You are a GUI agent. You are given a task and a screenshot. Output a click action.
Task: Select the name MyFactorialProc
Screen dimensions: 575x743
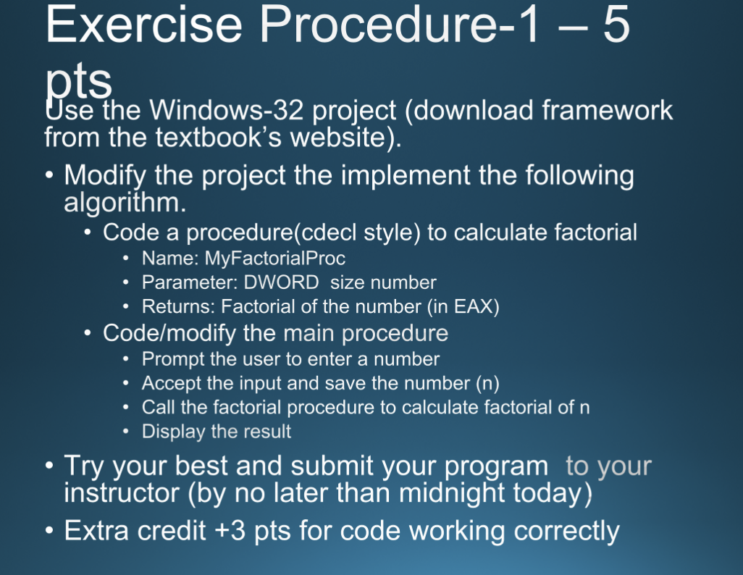pyautogui.click(x=275, y=258)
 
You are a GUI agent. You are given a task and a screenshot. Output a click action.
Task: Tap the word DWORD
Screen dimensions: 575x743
pyautogui.click(x=280, y=282)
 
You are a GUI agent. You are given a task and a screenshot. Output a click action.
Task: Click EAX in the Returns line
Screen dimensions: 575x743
pyautogui.click(x=474, y=307)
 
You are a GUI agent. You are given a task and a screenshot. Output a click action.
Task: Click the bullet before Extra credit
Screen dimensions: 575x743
pyautogui.click(x=48, y=532)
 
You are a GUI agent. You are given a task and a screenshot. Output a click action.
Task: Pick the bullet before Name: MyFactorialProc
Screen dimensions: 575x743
pyautogui.click(x=127, y=259)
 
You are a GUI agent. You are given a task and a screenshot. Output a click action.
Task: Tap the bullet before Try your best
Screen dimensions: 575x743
pyautogui.click(x=48, y=466)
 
